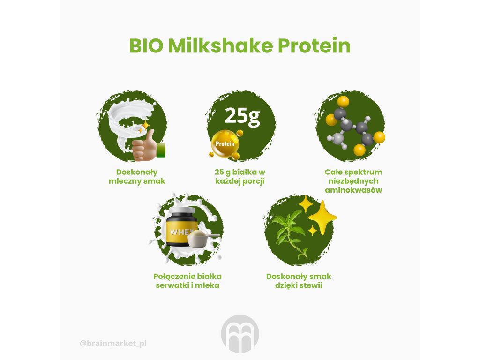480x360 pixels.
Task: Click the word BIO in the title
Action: coord(146,45)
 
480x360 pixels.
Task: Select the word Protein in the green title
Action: coord(314,45)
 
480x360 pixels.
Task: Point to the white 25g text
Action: coord(242,116)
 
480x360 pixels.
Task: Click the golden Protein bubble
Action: coord(225,144)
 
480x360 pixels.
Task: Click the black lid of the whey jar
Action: coord(182,211)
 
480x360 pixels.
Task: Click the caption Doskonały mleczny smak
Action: coord(137,177)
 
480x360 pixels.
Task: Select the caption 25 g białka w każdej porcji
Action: coord(240,177)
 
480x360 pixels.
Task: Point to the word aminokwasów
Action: coord(353,190)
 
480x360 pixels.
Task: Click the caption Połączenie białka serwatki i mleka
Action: coord(187,281)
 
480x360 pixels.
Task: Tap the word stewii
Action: coord(312,285)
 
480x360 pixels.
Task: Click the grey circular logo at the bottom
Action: coord(240,334)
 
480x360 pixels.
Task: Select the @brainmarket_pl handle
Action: coord(113,344)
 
